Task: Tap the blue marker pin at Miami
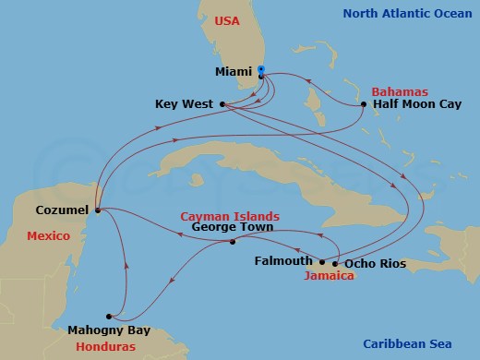[x=261, y=70]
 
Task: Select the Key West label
[x=185, y=104]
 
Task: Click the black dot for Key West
[x=223, y=104]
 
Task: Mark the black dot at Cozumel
[x=96, y=210]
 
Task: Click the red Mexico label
[x=49, y=235]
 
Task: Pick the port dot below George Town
[x=232, y=242]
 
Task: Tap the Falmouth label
[x=284, y=261]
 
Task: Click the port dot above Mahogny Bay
[x=109, y=315]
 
